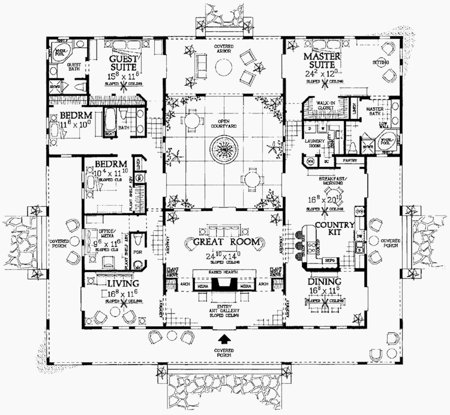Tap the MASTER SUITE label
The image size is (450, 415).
(322, 61)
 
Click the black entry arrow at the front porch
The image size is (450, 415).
(225, 338)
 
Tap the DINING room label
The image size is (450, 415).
(324, 281)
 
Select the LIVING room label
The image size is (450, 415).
(123, 283)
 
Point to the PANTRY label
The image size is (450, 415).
(350, 161)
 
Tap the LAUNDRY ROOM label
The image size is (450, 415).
(315, 144)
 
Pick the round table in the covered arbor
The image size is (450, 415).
(224, 67)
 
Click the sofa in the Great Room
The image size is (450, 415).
(225, 231)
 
